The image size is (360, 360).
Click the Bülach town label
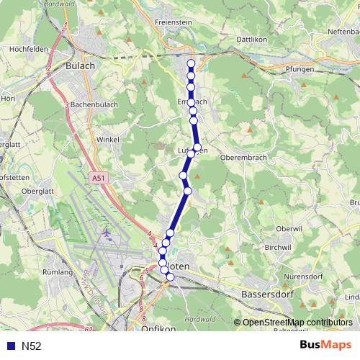pos(80,65)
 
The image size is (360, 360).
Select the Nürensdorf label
pos(305,276)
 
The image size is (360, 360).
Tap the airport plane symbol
pos(107,233)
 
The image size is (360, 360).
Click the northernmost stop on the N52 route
pos(191,64)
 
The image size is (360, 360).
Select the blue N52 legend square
pos(9,346)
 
